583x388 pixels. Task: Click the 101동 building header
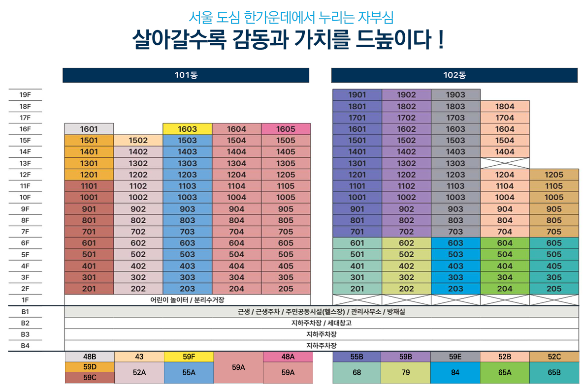pos(186,75)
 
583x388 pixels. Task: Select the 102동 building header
pos(454,75)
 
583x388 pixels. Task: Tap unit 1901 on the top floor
pos(357,95)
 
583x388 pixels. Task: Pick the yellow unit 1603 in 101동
pos(187,129)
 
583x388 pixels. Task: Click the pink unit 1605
pos(286,129)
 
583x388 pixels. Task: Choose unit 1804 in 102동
pos(505,106)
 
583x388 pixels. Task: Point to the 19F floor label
pos(25,95)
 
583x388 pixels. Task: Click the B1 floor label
pos(25,312)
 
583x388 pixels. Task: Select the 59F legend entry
pos(189,357)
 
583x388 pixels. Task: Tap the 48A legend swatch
pos(288,357)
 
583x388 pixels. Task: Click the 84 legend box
pos(455,373)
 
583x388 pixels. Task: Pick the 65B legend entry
pos(554,373)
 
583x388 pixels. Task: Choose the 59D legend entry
pos(90,367)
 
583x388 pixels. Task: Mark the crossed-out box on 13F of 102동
pos(505,163)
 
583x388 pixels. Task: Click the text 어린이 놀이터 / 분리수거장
pos(187,300)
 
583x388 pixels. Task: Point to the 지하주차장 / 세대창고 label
pos(321,323)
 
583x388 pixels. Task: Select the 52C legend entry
pos(554,357)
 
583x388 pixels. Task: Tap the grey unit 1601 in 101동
pos(89,129)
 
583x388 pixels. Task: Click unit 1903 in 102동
pos(455,95)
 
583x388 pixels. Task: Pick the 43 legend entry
pos(139,357)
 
